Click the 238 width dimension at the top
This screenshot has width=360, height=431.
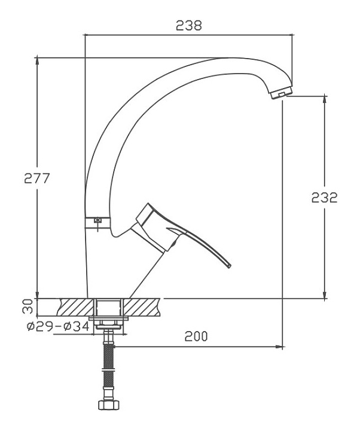188,25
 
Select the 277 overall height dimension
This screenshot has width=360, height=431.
37,178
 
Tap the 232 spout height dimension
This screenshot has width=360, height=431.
324,198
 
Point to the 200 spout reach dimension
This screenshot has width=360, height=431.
196,336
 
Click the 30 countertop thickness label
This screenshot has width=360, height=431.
28,306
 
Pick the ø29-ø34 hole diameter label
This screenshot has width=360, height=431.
58,327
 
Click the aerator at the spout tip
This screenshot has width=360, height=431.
281,93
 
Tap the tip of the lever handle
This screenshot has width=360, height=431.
230,266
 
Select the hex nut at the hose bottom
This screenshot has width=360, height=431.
109,404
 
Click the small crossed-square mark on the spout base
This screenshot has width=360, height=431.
97,220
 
